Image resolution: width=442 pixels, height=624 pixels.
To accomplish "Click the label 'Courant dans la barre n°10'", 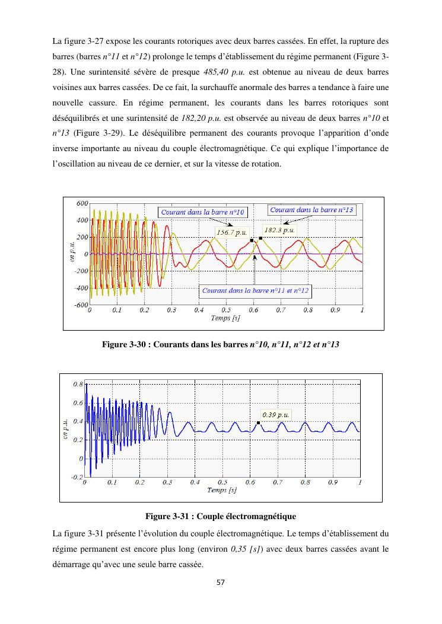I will click(203, 212).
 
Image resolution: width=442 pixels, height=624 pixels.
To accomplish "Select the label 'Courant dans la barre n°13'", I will click(311, 210).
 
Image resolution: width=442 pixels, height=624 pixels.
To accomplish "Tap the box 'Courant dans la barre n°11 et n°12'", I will click(256, 290).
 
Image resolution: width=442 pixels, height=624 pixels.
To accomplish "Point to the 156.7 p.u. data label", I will click(231, 232).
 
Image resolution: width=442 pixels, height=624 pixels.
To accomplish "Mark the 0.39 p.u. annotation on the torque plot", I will click(275, 415).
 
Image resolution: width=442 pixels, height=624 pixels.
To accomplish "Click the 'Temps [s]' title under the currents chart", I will click(225, 318).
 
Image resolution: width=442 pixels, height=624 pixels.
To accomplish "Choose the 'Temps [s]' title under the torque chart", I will click(222, 490).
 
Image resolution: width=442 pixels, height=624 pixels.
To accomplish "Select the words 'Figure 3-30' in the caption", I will click(123, 344).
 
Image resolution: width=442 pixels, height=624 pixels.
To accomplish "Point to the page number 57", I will click(221, 583).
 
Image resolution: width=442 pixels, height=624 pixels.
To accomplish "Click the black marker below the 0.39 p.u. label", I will click(258, 423).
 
